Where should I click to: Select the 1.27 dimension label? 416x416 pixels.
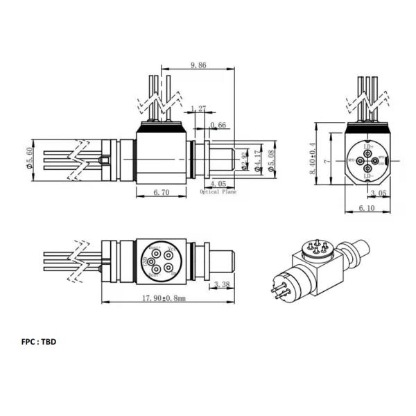click(198, 108)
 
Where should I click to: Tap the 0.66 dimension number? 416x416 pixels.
click(218, 125)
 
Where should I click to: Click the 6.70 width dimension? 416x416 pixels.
click(161, 193)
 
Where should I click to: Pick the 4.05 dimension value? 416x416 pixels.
click(218, 184)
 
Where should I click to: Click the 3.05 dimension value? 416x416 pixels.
click(379, 193)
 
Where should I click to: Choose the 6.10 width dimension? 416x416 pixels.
click(367, 208)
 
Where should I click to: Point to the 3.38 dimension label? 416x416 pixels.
click(223, 284)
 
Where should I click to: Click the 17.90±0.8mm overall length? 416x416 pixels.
click(164, 300)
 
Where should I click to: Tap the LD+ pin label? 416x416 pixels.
click(368, 147)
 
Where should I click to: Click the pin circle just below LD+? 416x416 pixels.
click(368, 154)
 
